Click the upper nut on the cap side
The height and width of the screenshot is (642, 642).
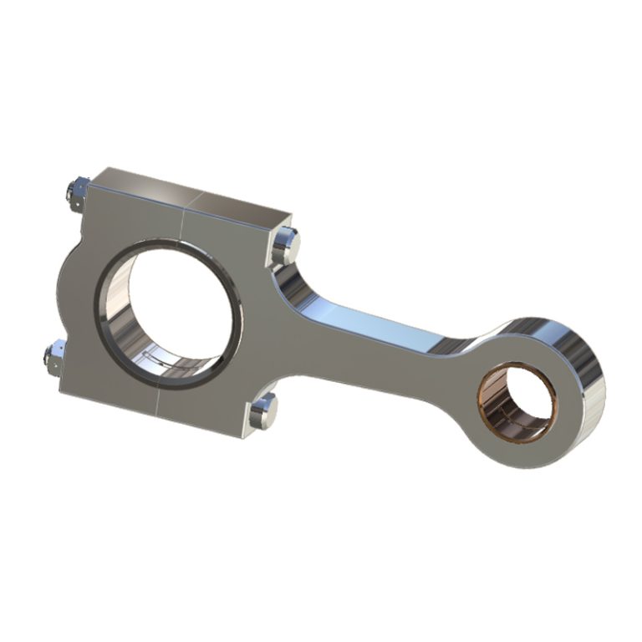coord(76,191)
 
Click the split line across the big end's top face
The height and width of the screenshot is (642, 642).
coord(193,201)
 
